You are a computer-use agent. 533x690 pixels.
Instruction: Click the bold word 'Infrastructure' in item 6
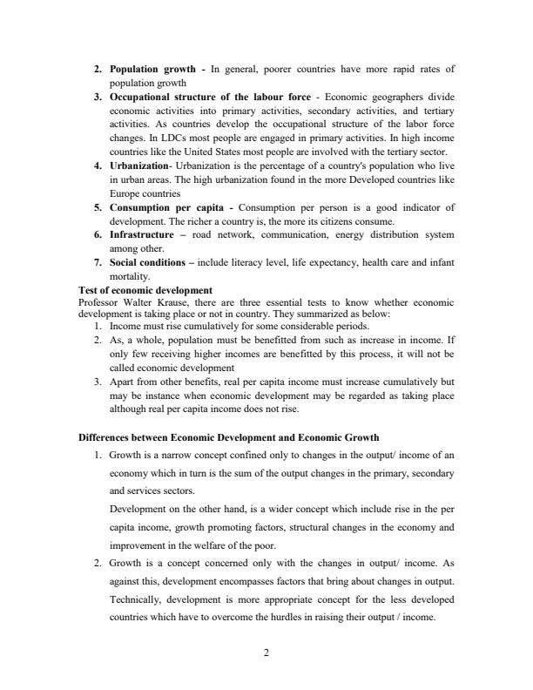click(x=145, y=235)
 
